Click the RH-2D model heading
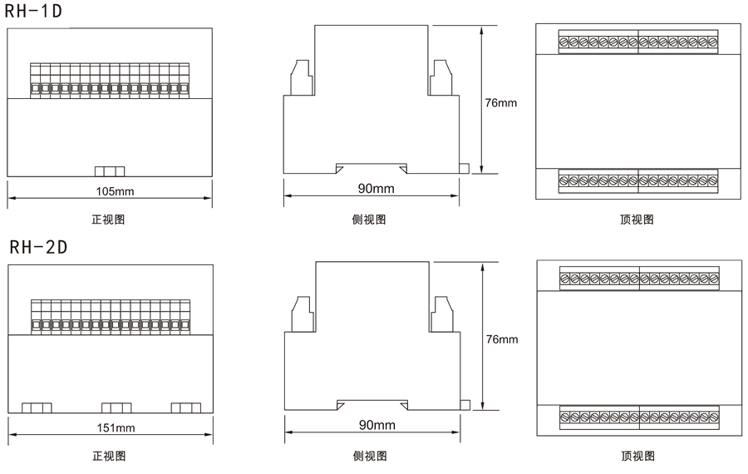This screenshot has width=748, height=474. coord(38,247)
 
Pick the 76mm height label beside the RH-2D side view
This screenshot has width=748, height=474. coord(500,339)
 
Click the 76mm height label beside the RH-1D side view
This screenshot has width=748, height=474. coord(500,103)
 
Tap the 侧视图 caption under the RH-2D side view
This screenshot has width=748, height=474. coord(370,456)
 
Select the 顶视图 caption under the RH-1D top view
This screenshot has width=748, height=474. coord(637,220)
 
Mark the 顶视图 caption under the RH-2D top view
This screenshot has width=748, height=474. coord(637,456)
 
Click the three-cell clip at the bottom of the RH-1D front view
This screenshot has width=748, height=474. coord(110,171)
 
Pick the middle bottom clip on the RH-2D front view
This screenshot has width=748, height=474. coord(116,407)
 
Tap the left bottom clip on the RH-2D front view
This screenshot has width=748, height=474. coord(37,407)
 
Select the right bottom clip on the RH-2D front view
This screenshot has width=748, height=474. coord(186,407)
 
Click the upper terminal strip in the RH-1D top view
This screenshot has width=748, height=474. coord(638,42)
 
